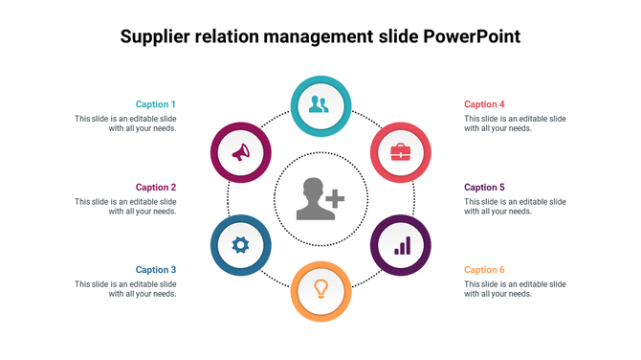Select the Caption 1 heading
coord(156,104)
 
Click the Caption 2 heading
coord(156,188)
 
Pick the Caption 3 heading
coord(156,270)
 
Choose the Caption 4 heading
coord(484,104)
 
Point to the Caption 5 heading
coord(484,188)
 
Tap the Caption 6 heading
coord(484,270)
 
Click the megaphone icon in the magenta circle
coord(240,151)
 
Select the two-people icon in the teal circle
coord(320,104)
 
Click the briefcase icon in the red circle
coord(401,151)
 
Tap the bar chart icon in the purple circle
coord(402,246)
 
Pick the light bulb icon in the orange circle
coord(321,288)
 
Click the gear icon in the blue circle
coord(240,245)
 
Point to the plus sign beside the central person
coord(335,199)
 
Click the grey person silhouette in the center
coord(313,199)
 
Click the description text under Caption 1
coord(125,124)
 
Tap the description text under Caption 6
coord(515,289)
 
